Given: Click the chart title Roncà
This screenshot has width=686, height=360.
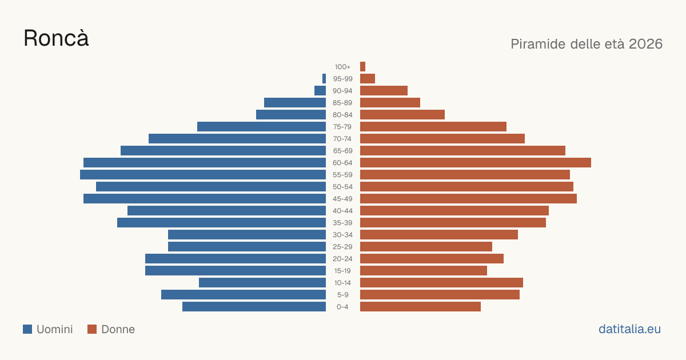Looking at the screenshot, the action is [x=56, y=38].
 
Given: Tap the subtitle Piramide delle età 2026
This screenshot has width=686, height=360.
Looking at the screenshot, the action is [x=587, y=44].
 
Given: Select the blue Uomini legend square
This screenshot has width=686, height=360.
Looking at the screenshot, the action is [x=27, y=329].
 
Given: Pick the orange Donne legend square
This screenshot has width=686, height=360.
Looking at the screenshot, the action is [x=92, y=329].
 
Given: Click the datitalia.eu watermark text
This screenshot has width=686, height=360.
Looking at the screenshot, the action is [x=629, y=329].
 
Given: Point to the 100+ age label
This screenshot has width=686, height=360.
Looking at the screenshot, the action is [x=342, y=67].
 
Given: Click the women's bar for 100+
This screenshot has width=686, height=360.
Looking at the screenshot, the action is [x=362, y=67].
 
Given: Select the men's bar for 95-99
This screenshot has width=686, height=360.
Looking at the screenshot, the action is [x=324, y=79].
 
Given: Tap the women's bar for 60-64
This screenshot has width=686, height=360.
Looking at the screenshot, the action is [x=476, y=162].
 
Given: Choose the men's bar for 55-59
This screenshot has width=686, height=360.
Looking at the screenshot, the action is [x=203, y=174].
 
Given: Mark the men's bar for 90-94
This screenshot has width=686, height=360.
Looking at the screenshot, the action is [x=320, y=91].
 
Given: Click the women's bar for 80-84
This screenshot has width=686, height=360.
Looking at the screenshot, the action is [x=402, y=114].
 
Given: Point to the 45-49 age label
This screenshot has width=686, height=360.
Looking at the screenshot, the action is [x=342, y=199].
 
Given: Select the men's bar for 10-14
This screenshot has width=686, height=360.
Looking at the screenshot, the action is [x=262, y=282].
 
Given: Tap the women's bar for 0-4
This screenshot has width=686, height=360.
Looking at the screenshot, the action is [x=421, y=307].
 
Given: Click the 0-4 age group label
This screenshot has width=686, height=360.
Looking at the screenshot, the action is [x=342, y=307].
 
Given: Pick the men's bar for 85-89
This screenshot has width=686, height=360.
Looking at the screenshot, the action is [x=295, y=102].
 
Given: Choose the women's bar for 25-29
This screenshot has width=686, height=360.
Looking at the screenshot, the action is [x=426, y=247].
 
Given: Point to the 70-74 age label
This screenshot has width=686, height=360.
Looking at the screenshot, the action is [x=342, y=139].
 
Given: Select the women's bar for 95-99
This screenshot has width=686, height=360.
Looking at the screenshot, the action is [x=368, y=79].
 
